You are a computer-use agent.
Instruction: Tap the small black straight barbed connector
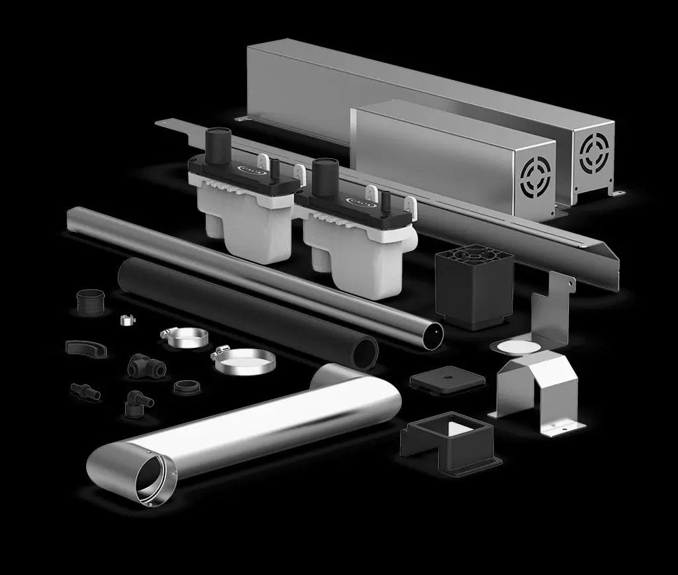point(85,391)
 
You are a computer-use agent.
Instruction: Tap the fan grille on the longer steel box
point(594,154)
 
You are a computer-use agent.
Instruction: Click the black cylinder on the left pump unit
point(217,144)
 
